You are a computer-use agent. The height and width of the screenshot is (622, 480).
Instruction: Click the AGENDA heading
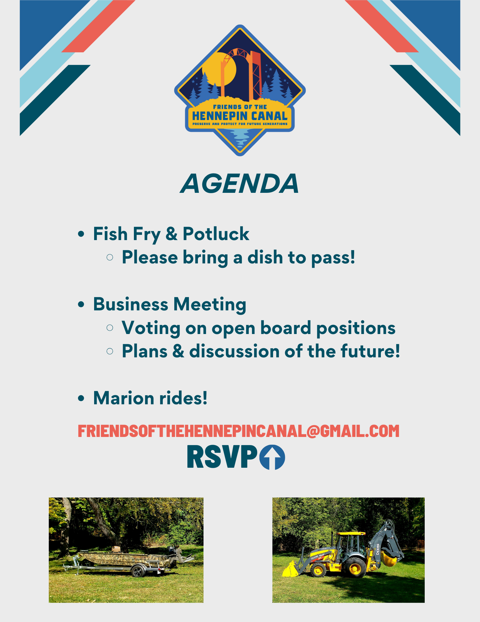coord(240,183)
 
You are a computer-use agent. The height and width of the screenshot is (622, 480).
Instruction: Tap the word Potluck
coord(216,234)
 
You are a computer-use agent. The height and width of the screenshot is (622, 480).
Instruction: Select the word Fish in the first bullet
coord(110,234)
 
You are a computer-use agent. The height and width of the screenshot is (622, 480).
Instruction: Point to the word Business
coord(130,304)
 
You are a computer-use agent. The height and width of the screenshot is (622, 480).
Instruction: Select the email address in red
coord(238,431)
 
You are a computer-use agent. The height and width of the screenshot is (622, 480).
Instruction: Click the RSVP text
coord(222,457)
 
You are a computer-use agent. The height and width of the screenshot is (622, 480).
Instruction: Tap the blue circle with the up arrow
coord(272,457)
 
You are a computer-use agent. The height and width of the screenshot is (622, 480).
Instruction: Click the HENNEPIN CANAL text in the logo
coord(240,116)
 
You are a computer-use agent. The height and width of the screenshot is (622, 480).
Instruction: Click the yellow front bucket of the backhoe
coord(290,569)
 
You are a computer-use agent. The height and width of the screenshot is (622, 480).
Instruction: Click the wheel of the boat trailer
coord(138,571)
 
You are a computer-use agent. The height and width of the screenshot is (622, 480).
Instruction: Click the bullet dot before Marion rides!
coord(81,399)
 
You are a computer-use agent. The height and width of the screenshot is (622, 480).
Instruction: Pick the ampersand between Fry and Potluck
coord(171,234)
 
